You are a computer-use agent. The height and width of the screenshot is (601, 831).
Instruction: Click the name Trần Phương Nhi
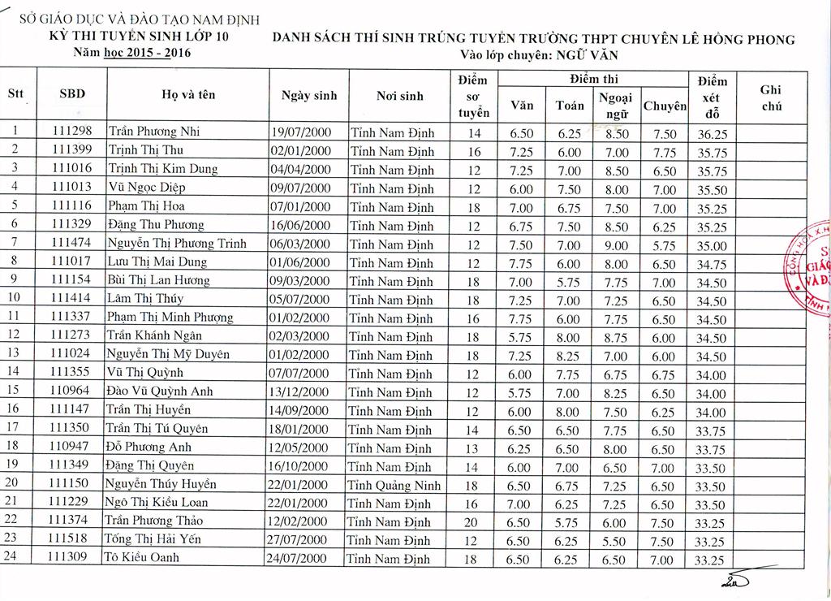point(154,132)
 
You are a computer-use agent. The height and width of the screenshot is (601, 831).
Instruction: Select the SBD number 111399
point(71,150)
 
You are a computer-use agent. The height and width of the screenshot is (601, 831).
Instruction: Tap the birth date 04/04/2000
point(300,170)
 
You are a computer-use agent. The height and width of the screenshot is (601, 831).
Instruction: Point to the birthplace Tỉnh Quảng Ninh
point(394,486)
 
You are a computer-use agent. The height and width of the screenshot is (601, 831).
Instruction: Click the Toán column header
point(569,105)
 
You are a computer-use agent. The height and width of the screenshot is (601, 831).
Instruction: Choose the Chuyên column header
point(665,106)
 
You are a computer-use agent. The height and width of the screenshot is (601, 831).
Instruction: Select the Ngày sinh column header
point(308,96)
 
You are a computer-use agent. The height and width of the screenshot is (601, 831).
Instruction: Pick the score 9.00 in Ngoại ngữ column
point(617,245)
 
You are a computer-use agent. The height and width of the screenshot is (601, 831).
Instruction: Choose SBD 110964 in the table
point(71,391)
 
